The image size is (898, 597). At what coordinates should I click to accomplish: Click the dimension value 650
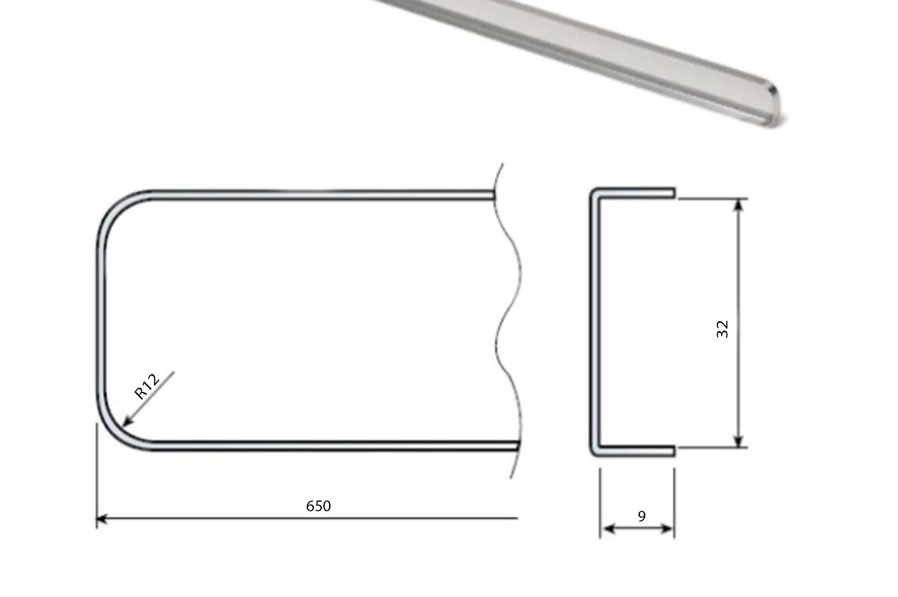[x=318, y=506]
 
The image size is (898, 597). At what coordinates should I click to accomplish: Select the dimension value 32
[x=722, y=329]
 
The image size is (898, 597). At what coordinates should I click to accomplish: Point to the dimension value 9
[x=642, y=516]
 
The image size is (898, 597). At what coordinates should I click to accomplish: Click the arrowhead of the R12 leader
[x=127, y=420]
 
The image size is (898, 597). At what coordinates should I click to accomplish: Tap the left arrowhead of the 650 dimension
[x=101, y=519]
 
